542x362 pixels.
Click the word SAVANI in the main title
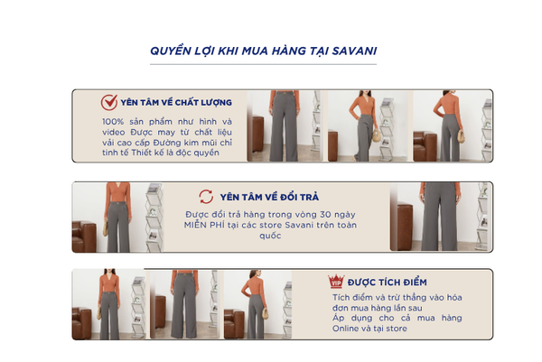(354, 51)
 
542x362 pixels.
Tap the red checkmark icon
(109, 102)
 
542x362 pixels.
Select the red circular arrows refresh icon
(206, 197)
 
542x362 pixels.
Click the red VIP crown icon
(336, 281)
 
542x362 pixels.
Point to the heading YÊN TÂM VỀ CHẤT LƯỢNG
(176, 103)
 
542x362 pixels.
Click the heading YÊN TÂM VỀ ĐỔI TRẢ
(269, 197)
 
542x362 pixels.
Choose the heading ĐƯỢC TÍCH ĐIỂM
(388, 283)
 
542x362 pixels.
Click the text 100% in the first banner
(113, 122)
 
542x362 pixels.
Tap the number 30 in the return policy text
(325, 215)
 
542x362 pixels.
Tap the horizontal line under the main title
(263, 64)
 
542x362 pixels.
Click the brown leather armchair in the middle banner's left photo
(84, 237)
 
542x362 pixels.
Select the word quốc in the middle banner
(270, 237)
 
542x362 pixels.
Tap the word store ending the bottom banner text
(397, 329)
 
